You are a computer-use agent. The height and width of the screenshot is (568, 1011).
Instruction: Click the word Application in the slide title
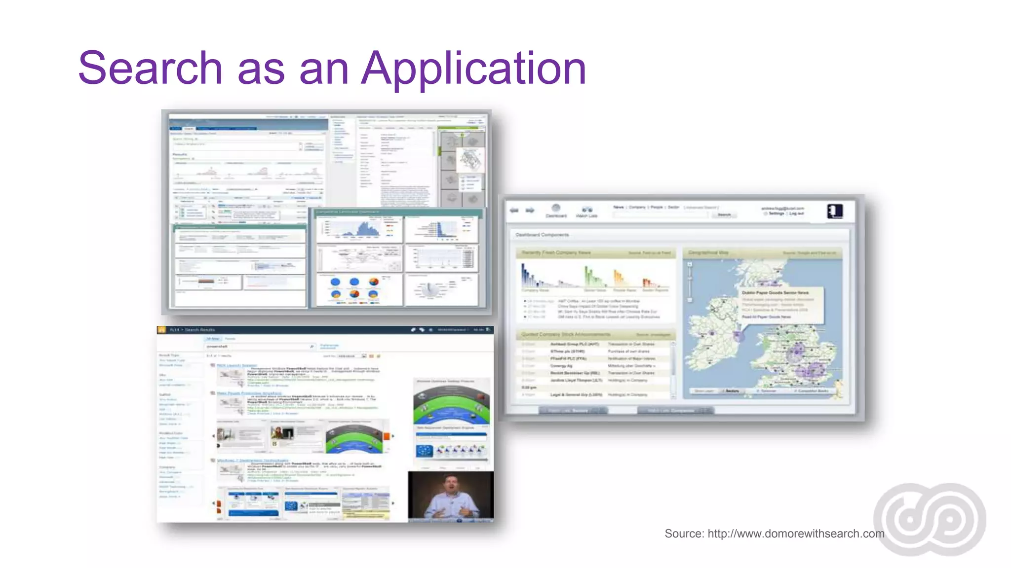point(473,69)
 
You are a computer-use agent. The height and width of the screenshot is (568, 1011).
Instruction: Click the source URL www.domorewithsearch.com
point(796,533)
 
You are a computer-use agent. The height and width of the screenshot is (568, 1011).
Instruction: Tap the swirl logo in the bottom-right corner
point(930,519)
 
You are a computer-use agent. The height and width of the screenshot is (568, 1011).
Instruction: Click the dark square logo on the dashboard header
point(835,212)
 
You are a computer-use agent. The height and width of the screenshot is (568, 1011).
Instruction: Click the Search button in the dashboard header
point(724,215)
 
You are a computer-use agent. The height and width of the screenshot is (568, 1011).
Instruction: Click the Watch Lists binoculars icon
point(586,209)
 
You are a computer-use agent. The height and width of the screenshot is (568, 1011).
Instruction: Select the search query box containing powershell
point(259,347)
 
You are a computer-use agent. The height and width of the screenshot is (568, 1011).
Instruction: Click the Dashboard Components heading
point(542,235)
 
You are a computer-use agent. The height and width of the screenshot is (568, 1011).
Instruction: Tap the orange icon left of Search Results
point(161,330)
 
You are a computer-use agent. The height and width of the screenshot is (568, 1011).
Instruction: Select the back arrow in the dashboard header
point(514,210)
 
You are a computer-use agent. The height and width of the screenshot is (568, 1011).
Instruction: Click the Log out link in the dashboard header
point(796,213)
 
